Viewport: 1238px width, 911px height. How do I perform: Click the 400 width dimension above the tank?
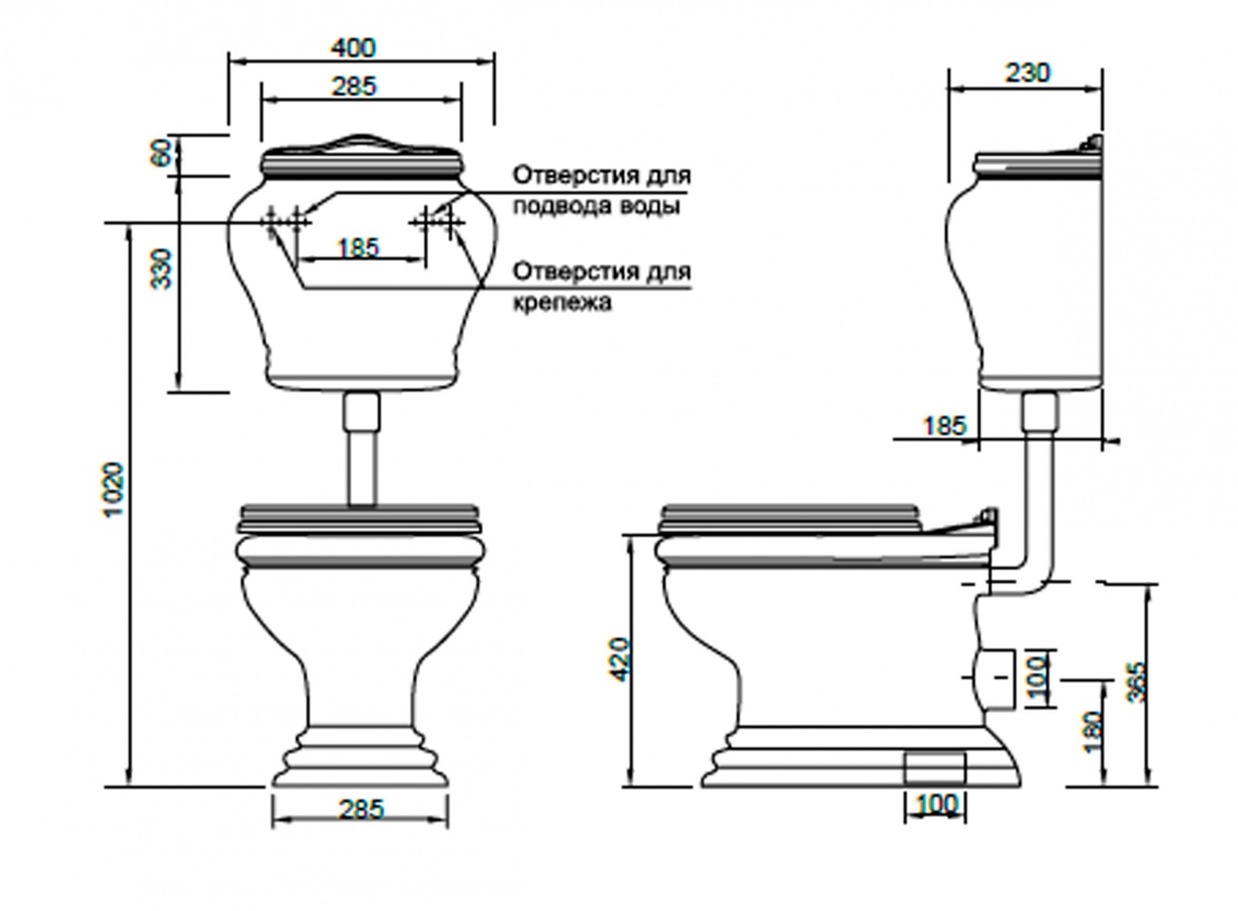pos(353,48)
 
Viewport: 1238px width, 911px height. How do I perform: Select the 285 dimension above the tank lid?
pos(353,87)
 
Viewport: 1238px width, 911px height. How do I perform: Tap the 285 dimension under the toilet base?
pos(361,810)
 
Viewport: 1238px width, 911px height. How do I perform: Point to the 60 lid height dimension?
pos(160,152)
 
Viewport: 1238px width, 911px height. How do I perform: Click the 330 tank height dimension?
pos(161,270)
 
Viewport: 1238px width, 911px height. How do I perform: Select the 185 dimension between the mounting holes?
pos(359,248)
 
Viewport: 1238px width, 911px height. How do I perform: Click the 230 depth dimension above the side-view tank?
pos(1027,72)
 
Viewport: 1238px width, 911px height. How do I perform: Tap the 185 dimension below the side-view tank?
pos(945,425)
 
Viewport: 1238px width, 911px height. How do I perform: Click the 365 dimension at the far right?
pos(1136,681)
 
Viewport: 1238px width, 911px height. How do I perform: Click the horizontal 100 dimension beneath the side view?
pos(936,804)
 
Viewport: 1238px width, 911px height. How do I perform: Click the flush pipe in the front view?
pos(363,448)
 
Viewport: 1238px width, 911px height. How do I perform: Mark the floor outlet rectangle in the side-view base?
pos(936,768)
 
